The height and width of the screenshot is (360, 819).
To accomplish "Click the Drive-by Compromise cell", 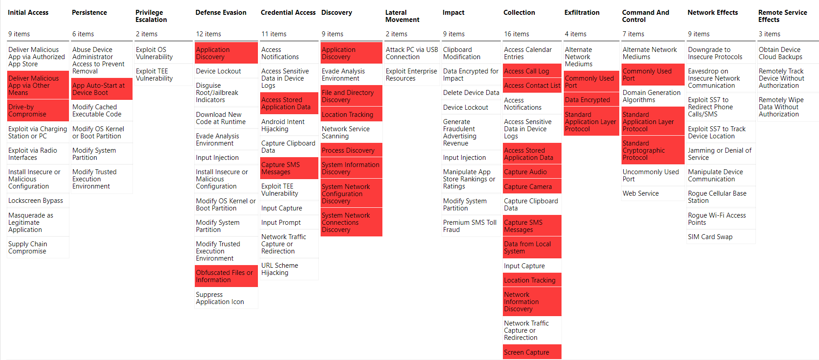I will coord(38,111).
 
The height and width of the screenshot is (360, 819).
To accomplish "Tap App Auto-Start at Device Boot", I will coord(101,89).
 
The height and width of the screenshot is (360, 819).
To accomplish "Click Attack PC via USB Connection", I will coord(412,53).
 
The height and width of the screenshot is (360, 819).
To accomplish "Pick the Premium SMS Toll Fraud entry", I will coord(470,226).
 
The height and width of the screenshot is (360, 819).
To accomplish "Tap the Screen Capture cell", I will coord(532,352).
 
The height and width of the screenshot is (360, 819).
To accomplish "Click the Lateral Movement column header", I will coord(402,16).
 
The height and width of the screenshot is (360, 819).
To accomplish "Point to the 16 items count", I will coord(517,34).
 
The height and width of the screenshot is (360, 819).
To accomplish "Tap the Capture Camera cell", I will coord(532,187).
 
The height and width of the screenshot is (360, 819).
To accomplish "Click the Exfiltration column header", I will coord(582,13).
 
